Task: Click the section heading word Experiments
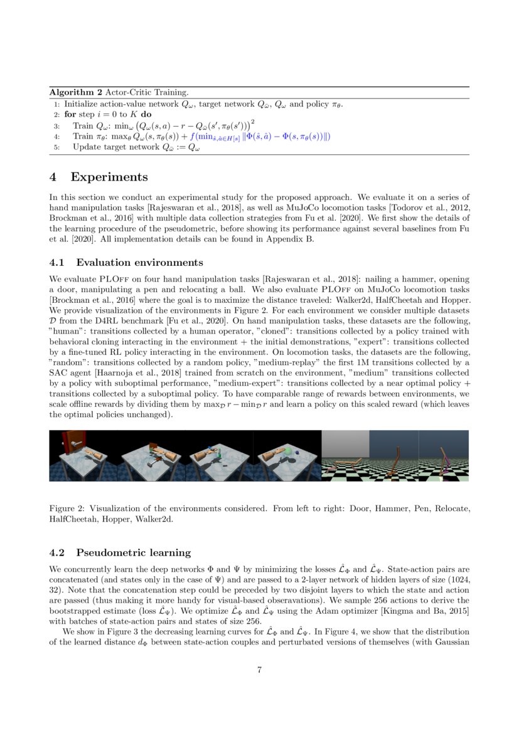pos(109,177)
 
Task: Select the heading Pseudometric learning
pos(133,552)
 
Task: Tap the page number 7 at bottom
pos(259,670)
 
